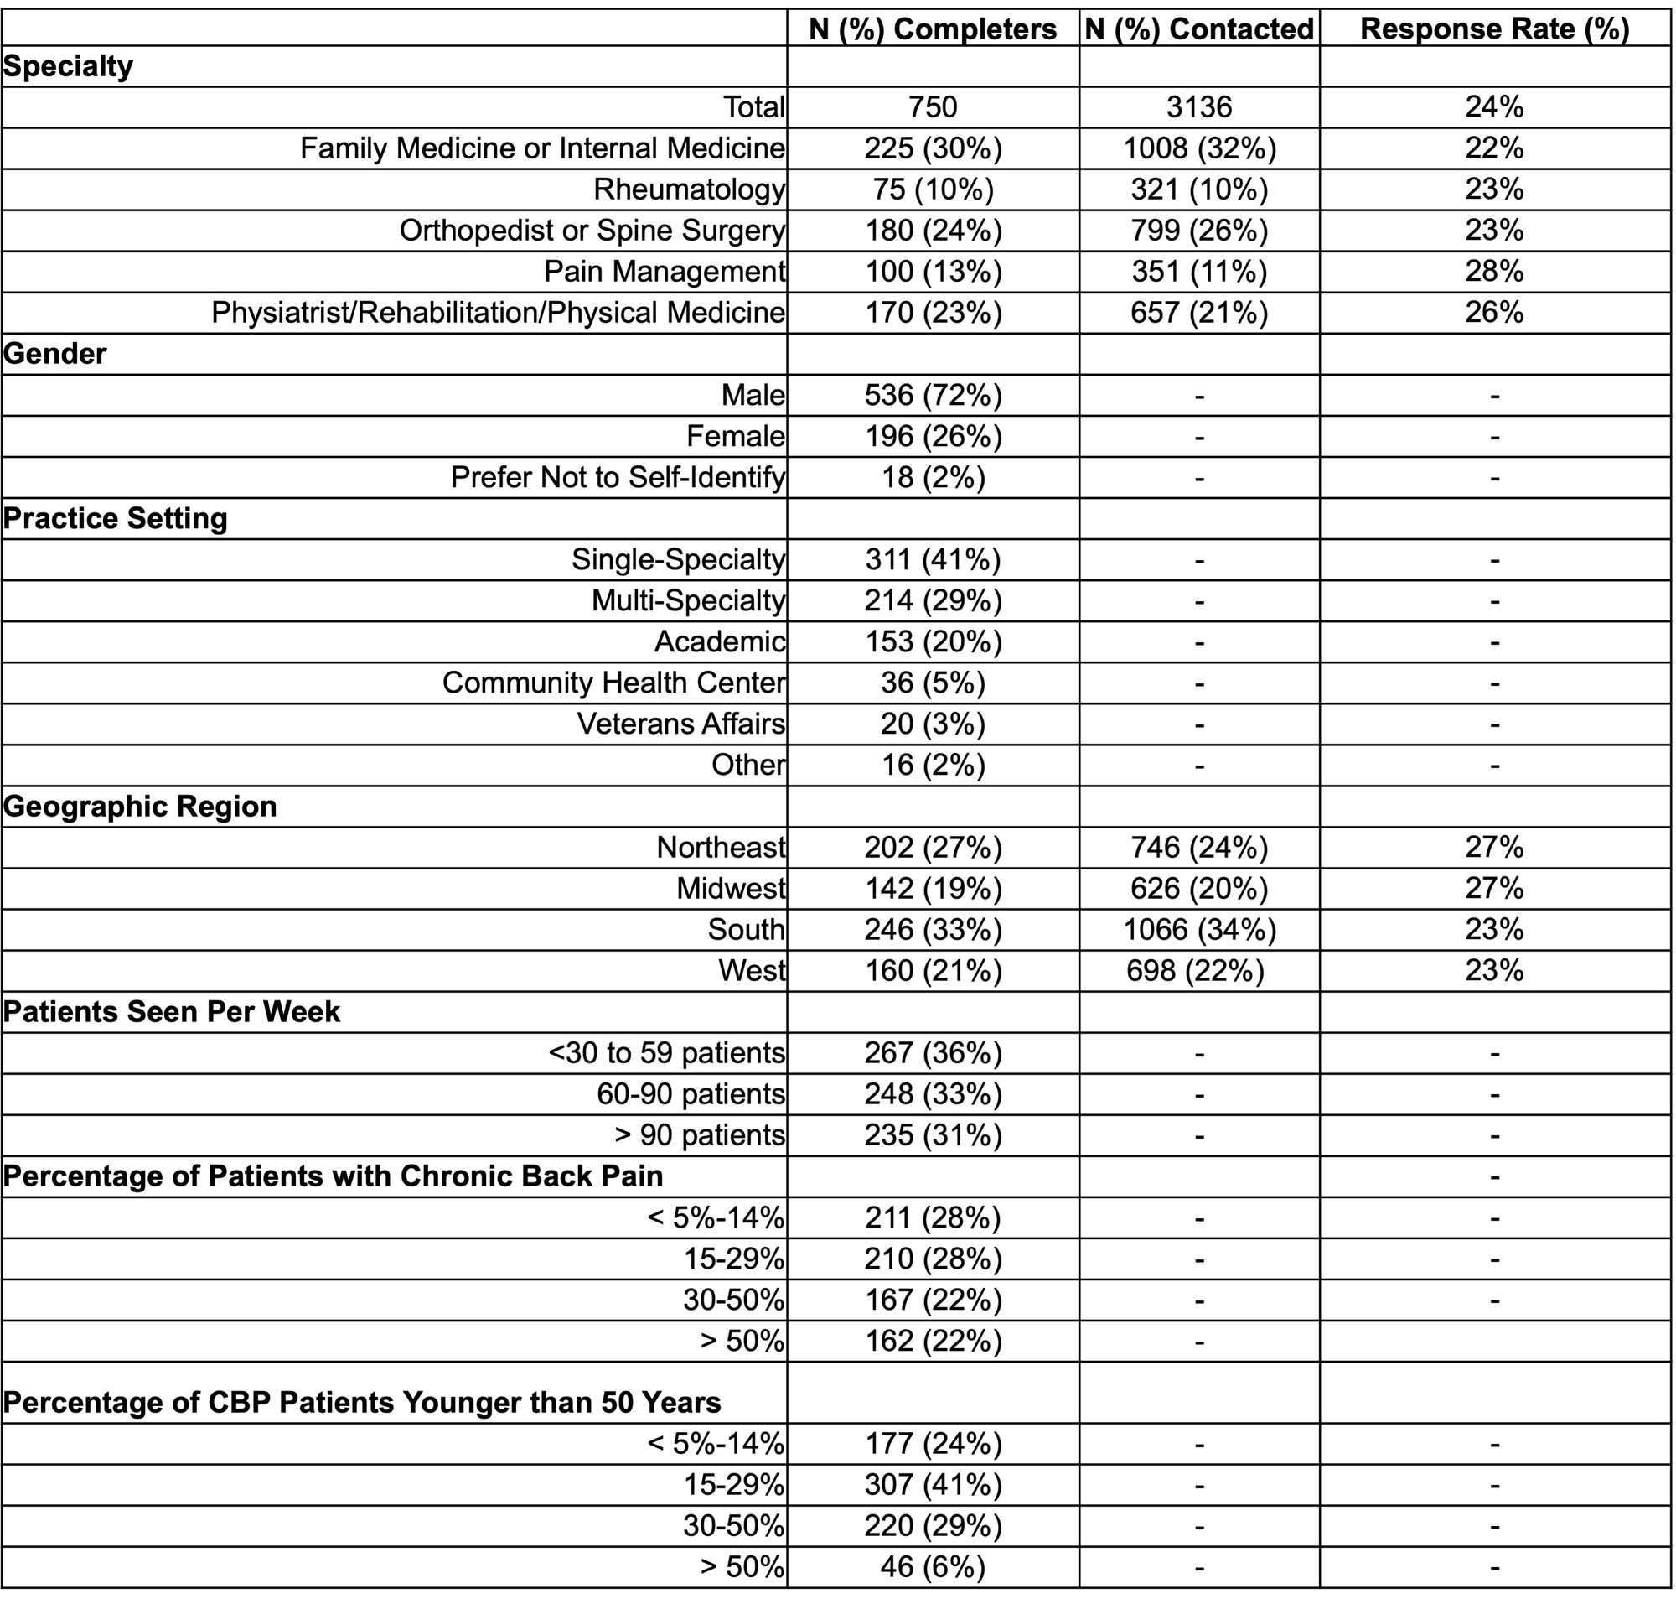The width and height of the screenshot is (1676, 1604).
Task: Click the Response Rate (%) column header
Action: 1494,29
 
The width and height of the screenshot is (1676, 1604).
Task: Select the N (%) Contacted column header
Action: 1199,29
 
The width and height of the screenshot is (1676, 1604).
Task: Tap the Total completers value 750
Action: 933,106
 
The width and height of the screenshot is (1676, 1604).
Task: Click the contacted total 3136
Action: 1199,106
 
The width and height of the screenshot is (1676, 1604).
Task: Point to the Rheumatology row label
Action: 689,189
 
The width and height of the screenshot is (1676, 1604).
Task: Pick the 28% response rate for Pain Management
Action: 1494,271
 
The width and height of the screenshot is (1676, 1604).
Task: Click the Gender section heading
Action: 55,353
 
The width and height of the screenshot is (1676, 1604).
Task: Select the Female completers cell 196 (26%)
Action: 933,436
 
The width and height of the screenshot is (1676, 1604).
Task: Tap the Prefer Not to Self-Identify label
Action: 617,477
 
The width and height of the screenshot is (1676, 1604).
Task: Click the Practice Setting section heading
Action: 116,518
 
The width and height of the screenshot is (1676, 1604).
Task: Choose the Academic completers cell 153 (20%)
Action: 933,641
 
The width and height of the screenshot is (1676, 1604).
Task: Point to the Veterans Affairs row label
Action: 680,724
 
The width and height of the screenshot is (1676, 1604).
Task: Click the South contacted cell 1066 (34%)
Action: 1199,929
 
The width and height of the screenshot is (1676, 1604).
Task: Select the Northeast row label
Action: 721,848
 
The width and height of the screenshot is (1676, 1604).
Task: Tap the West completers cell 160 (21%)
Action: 933,970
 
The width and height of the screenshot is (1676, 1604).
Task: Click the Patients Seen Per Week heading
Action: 172,1011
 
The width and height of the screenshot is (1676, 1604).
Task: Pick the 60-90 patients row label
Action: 691,1093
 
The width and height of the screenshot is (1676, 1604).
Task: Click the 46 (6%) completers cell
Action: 933,1566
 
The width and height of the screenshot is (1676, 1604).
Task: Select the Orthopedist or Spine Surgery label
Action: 592,230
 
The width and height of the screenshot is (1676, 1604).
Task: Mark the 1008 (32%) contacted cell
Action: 1199,148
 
